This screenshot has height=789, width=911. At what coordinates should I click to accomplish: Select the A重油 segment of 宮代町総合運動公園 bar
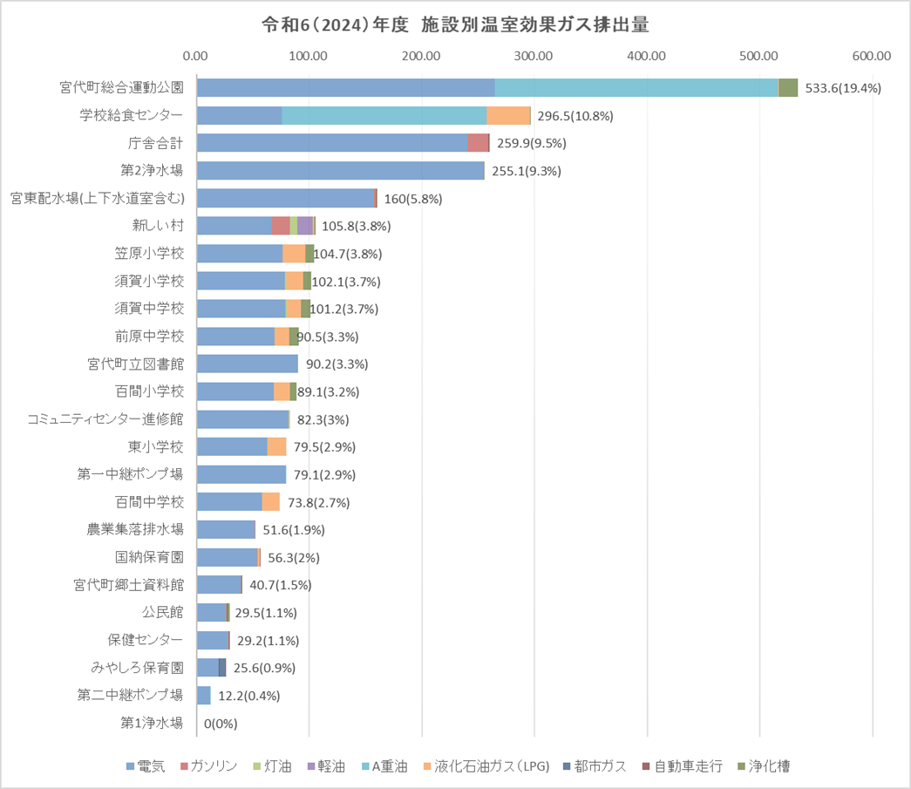pyautogui.click(x=636, y=88)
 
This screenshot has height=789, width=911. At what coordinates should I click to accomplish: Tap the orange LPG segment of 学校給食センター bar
pyautogui.click(x=508, y=116)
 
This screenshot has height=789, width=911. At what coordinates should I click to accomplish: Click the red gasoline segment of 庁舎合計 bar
pyautogui.click(x=479, y=143)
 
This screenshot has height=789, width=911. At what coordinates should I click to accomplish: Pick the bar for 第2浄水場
pyautogui.click(x=341, y=171)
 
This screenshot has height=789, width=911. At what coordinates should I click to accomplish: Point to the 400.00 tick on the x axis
pyautogui.click(x=647, y=56)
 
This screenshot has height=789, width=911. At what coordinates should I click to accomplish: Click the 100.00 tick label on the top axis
pyautogui.click(x=309, y=56)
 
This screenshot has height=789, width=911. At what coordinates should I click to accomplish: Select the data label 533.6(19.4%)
pyautogui.click(x=844, y=88)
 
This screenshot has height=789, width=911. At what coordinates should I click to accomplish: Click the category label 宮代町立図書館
pyautogui.click(x=135, y=364)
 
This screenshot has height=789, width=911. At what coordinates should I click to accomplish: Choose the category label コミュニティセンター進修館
pyautogui.click(x=105, y=419)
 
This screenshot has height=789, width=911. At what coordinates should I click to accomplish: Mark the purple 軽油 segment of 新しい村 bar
pyautogui.click(x=305, y=226)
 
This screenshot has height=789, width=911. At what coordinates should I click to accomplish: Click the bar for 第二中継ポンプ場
pyautogui.click(x=204, y=696)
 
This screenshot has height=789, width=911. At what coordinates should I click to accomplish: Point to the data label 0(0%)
pyautogui.click(x=221, y=724)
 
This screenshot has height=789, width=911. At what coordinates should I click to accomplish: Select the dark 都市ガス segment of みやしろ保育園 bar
pyautogui.click(x=222, y=668)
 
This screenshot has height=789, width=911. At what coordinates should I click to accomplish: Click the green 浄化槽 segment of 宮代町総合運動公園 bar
pyautogui.click(x=788, y=88)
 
